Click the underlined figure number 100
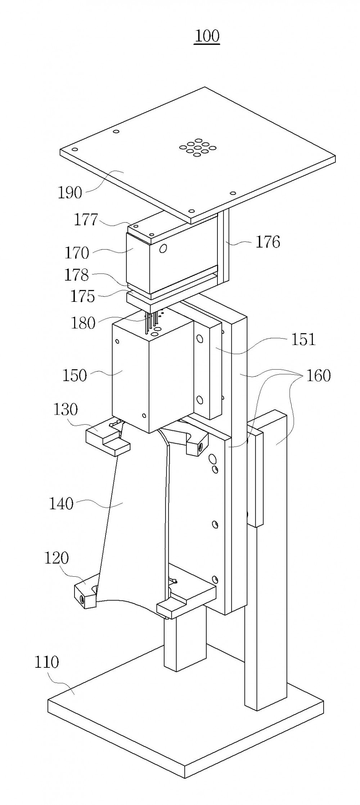click(207, 37)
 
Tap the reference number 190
click(70, 193)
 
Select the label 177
click(86, 220)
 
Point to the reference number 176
click(268, 242)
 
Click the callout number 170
click(77, 253)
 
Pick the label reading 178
click(76, 275)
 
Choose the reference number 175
click(83, 296)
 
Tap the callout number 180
click(83, 323)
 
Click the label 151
click(303, 339)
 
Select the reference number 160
click(319, 376)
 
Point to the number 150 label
click(75, 376)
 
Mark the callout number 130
click(66, 410)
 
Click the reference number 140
click(61, 504)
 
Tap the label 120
click(56, 558)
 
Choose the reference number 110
click(46, 662)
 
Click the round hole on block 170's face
click(163, 248)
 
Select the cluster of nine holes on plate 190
click(198, 147)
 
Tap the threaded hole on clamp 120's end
click(82, 599)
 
